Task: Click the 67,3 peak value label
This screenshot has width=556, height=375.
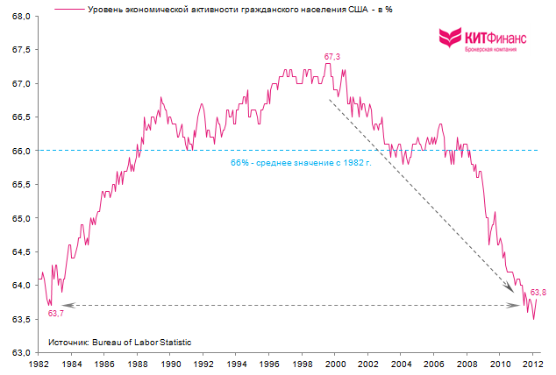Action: [x=332, y=57]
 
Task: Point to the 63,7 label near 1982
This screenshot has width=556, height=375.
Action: [x=56, y=313]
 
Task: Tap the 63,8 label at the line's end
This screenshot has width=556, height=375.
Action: [x=538, y=292]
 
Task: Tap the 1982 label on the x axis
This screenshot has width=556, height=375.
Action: [x=39, y=363]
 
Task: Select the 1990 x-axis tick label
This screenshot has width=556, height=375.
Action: [x=171, y=363]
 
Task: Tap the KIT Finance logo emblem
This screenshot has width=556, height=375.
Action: [x=450, y=38]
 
